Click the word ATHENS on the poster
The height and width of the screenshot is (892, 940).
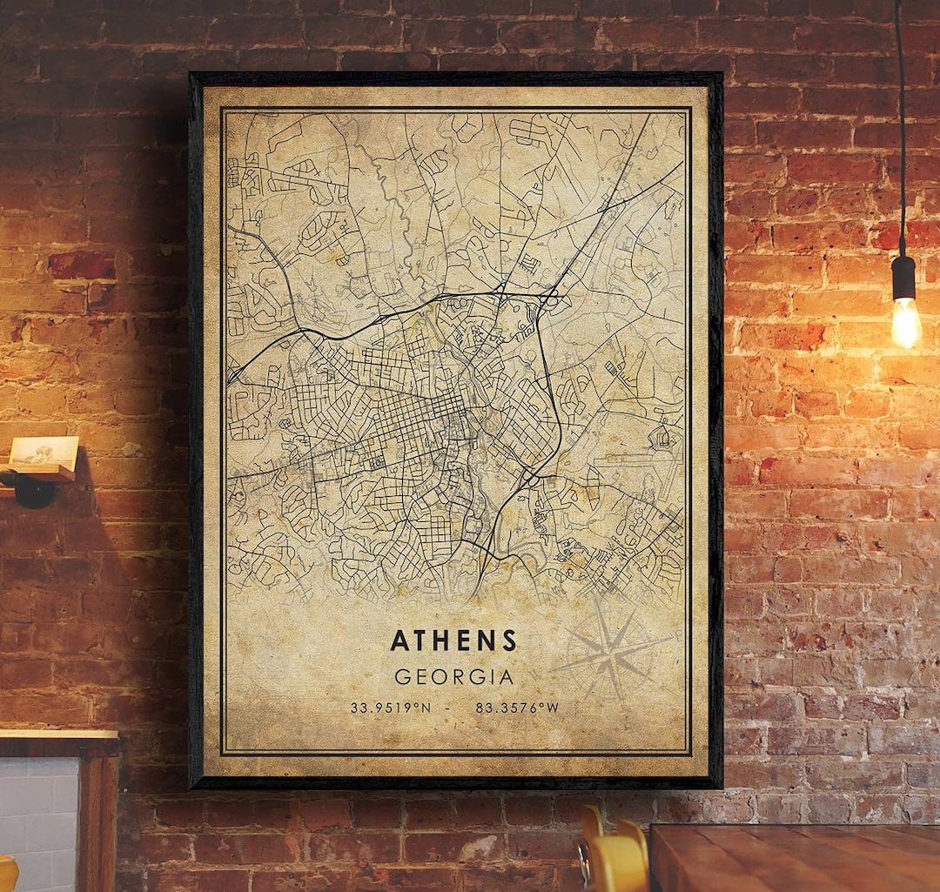click(453, 640)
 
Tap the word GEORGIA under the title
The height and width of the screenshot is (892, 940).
click(453, 676)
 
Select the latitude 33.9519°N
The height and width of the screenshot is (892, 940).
click(391, 708)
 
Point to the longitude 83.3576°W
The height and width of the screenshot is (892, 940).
click(517, 708)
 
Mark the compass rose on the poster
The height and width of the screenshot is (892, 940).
click(612, 651)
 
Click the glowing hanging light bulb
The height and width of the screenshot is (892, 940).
click(905, 322)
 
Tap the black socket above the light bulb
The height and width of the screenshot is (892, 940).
click(903, 276)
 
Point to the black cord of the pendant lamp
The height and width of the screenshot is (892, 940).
click(900, 131)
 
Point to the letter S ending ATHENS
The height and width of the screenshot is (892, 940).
click(509, 640)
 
